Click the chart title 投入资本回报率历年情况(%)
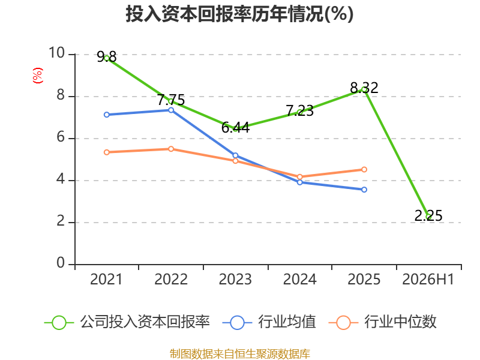point(239,14)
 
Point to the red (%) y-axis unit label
point(38,76)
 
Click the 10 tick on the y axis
point(57,53)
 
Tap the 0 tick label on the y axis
point(61,263)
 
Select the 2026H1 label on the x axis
point(428,279)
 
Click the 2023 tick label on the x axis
point(235,279)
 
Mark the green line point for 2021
point(107,58)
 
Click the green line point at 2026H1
point(428,217)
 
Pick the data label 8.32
point(364,88)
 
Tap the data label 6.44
point(235,128)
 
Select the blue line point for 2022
point(171,110)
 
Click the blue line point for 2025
point(364,190)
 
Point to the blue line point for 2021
point(107,115)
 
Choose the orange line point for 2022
point(171,149)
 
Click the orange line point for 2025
point(364,170)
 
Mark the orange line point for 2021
point(107,152)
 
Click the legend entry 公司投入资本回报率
point(127,322)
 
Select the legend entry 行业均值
point(269,322)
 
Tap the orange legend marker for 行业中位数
point(343,323)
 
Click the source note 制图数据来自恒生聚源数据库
point(239,354)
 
